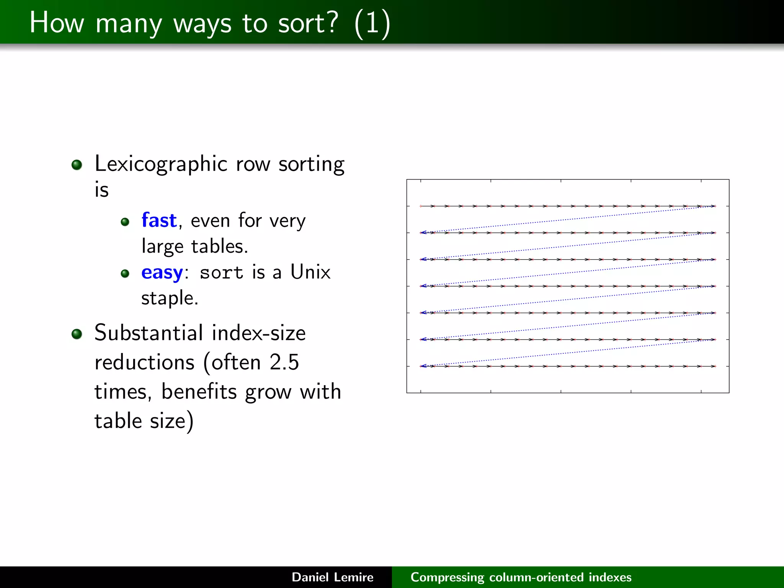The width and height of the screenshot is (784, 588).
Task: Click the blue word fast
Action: (x=159, y=220)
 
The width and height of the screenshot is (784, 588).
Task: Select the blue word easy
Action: (x=162, y=273)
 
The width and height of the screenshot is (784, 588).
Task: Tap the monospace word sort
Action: (x=221, y=273)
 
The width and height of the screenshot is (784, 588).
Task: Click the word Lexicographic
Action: (x=161, y=165)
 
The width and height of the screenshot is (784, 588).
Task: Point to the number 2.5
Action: (x=284, y=362)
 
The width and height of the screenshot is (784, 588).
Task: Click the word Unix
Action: (x=310, y=272)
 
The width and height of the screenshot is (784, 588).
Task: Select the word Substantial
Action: (x=149, y=333)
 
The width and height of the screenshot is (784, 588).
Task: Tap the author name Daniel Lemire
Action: (x=332, y=577)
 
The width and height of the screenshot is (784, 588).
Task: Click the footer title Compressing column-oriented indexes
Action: (x=521, y=577)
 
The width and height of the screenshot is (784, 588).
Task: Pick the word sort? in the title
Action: (x=308, y=23)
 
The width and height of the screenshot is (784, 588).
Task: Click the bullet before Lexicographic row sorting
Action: (x=77, y=165)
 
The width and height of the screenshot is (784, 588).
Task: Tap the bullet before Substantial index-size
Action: (x=77, y=334)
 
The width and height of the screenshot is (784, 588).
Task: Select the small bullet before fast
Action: (x=125, y=222)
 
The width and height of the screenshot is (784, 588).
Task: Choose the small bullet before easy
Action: (x=125, y=274)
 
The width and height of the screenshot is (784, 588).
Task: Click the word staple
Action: (x=170, y=299)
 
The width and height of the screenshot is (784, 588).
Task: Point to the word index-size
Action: (x=258, y=333)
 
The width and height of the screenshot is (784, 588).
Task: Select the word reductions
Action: (x=145, y=362)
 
